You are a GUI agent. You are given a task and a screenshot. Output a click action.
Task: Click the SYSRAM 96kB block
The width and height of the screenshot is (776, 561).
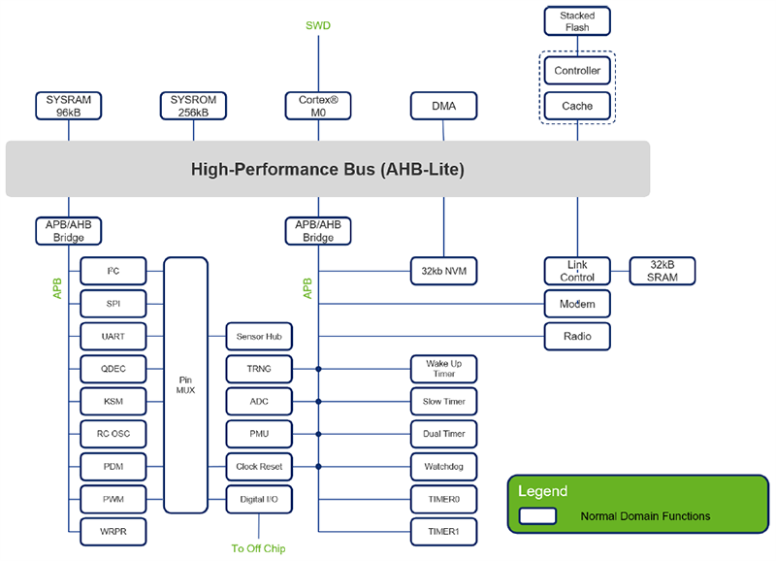(x=68, y=106)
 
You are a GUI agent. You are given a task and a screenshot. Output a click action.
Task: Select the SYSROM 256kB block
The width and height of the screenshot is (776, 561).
(x=193, y=106)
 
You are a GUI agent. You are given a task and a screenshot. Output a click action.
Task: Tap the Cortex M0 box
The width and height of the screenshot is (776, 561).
(x=318, y=106)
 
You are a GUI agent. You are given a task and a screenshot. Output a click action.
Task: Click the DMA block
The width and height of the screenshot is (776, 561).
(x=444, y=106)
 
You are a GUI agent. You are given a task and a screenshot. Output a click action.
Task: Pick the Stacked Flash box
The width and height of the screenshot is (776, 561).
(x=577, y=21)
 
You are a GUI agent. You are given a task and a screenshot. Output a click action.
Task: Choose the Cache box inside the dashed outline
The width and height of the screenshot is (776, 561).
(x=577, y=105)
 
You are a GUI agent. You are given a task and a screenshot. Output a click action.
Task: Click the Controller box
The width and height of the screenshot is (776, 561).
(x=577, y=71)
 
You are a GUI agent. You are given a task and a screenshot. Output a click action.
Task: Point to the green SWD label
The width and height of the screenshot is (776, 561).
(x=318, y=25)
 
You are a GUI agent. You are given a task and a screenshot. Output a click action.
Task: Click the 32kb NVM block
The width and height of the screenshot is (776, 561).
(x=444, y=271)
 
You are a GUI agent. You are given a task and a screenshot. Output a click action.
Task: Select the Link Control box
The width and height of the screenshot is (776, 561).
(x=577, y=271)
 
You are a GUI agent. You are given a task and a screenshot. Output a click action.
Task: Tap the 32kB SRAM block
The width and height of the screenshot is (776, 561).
(x=663, y=271)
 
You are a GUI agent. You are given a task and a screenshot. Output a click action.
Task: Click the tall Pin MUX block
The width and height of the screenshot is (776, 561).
(x=185, y=385)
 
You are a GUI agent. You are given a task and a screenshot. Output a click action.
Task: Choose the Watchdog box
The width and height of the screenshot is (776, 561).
(x=444, y=467)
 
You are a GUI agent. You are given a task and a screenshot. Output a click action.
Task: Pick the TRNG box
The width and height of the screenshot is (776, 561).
(x=259, y=369)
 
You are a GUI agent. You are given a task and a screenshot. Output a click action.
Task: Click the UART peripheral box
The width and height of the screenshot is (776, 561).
(x=113, y=336)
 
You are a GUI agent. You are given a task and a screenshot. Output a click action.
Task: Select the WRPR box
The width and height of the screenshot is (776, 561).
(x=113, y=532)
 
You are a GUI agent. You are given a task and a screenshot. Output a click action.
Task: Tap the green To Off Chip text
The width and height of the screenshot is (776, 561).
(x=259, y=548)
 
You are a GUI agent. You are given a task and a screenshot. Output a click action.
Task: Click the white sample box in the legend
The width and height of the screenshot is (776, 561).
(x=537, y=516)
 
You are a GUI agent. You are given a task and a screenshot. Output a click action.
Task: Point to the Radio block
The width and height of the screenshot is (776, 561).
(x=577, y=336)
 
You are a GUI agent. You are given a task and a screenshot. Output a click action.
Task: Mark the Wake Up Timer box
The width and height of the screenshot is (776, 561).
(x=444, y=369)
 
